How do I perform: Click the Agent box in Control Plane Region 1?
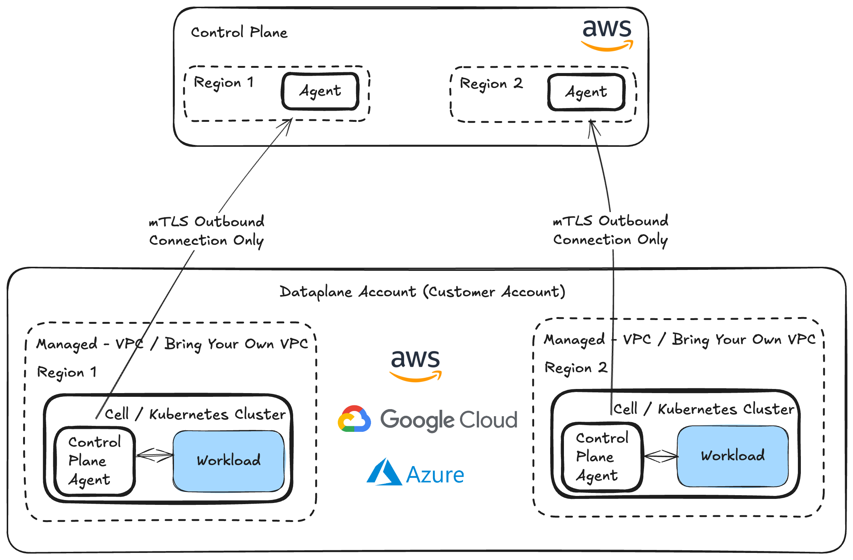pyautogui.click(x=320, y=91)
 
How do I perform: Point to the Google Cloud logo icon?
pyautogui.click(x=354, y=419)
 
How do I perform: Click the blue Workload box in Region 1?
pyautogui.click(x=229, y=461)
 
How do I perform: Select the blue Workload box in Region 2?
pyautogui.click(x=733, y=456)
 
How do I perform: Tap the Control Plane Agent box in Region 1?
pyautogui.click(x=95, y=461)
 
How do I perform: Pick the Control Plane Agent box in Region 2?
pyautogui.click(x=602, y=457)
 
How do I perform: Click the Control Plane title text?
pyautogui.click(x=239, y=33)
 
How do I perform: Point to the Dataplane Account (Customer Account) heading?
pyautogui.click(x=422, y=292)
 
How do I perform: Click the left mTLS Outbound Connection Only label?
pyautogui.click(x=207, y=231)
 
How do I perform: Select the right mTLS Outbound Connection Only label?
pyautogui.click(x=611, y=230)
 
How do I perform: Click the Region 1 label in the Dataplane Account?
pyautogui.click(x=67, y=372)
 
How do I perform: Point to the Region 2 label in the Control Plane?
pyautogui.click(x=491, y=84)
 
